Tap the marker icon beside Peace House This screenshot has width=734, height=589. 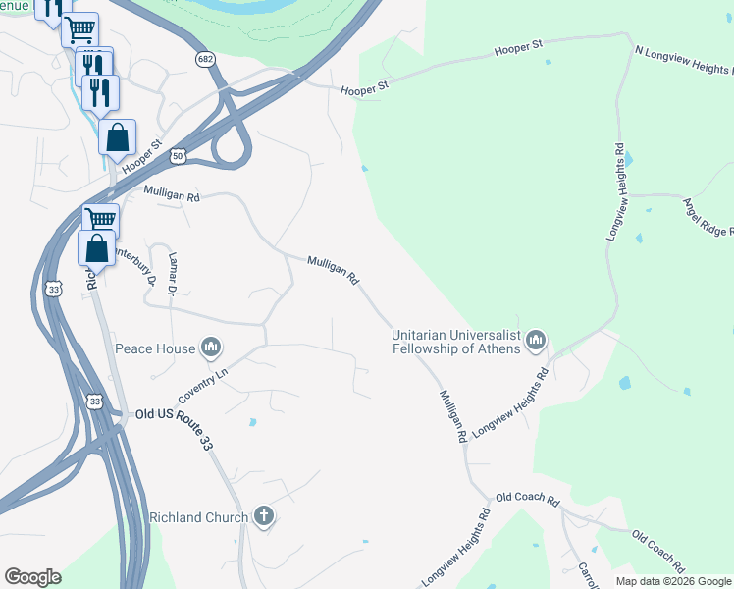pos(211,348)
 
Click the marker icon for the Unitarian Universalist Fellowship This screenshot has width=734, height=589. pos(535,341)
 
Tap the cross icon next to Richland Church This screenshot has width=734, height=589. pos(263,516)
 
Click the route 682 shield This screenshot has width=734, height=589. pos(204,60)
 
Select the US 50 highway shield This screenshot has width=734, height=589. pos(177,156)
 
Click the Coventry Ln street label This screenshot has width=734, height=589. pos(202,386)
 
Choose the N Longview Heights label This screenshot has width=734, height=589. pos(683,59)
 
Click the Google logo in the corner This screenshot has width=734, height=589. pos(31,577)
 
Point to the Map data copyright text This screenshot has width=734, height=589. pos(673,581)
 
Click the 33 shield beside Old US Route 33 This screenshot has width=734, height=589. pos(94,401)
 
